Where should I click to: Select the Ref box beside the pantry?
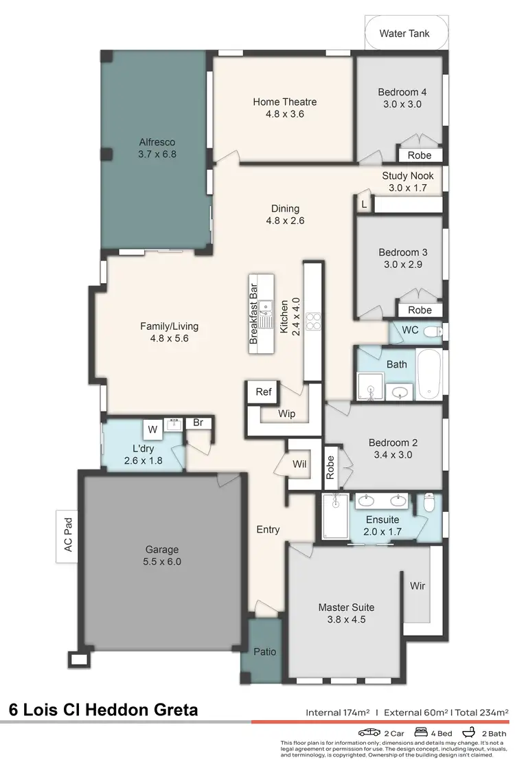[x=264, y=392]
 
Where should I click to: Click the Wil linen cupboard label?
[x=299, y=464]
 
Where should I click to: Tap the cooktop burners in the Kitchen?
[x=314, y=321]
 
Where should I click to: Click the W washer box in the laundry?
[x=152, y=430]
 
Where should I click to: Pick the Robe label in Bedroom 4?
[x=420, y=155]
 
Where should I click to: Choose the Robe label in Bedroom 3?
[x=420, y=310]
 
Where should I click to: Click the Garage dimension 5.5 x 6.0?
[x=162, y=561]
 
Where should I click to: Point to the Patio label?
[x=264, y=651]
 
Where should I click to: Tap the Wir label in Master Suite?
[x=417, y=586]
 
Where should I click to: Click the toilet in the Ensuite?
[x=429, y=504]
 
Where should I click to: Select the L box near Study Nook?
[x=364, y=204]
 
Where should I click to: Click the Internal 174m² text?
[x=337, y=713]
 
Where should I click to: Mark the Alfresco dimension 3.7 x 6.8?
[x=157, y=155]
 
